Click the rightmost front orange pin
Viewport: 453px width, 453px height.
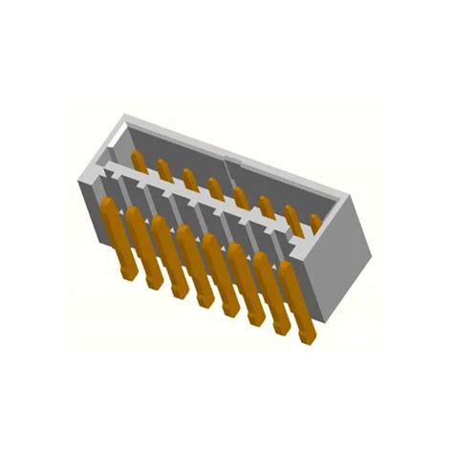[296, 304]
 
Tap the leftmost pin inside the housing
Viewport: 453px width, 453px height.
[140, 160]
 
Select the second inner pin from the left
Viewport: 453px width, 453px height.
[164, 170]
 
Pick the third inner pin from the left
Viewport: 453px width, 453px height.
[190, 180]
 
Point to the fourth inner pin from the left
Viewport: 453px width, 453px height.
[216, 189]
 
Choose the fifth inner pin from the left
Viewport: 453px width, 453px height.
[241, 198]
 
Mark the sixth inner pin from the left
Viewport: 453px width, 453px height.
[267, 207]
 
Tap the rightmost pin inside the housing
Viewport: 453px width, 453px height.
[315, 224]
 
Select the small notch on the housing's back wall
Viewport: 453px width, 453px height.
[222, 154]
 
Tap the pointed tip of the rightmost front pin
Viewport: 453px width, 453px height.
[308, 338]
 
